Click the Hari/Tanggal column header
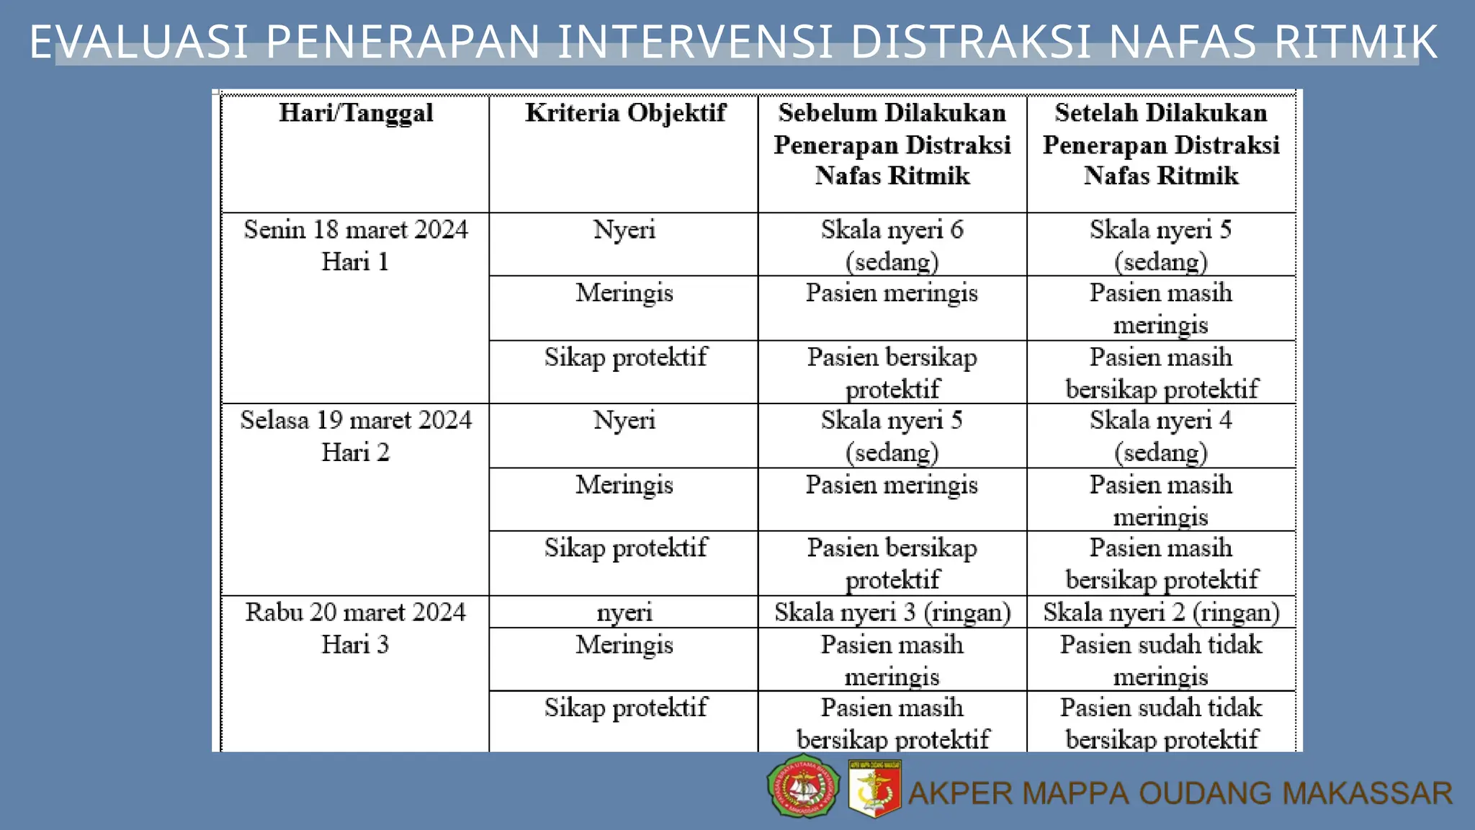[356, 113]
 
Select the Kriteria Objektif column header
[625, 113]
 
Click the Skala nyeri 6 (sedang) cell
[892, 245]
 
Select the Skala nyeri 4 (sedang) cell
[1160, 436]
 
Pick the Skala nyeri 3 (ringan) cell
[892, 612]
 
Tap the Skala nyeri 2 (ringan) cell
[1161, 612]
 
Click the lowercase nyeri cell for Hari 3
[624, 612]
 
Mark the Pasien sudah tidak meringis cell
[1160, 660]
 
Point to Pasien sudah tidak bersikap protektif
[1161, 723]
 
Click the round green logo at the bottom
[803, 787]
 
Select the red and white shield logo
[874, 789]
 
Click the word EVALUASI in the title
[139, 42]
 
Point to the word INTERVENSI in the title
[695, 42]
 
